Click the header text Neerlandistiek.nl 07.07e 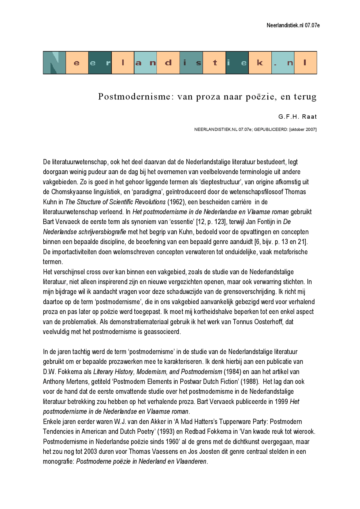[293, 26]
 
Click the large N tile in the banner [54, 63]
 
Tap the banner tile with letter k [260, 63]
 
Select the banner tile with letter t [214, 63]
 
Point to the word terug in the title [305, 97]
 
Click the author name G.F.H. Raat [297, 117]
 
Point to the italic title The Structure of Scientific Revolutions [115, 202]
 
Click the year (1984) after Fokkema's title [232, 372]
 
